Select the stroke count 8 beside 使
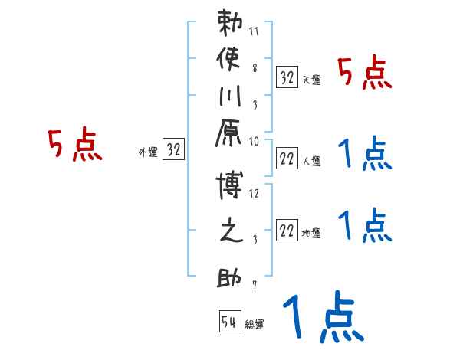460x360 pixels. click(x=255, y=67)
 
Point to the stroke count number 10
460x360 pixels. click(x=255, y=141)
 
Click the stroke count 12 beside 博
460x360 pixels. click(x=255, y=194)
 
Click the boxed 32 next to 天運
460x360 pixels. click(x=287, y=77)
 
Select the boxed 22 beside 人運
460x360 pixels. click(x=287, y=159)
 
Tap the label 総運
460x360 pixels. click(x=255, y=325)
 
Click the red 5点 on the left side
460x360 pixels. click(x=74, y=146)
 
